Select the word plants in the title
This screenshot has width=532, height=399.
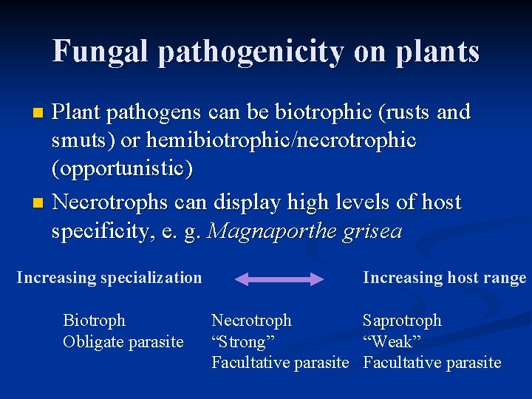439,52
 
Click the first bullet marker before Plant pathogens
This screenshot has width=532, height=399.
40,114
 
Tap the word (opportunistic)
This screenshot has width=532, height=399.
122,169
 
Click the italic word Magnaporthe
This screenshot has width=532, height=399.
271,231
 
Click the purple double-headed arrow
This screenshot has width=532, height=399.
279,279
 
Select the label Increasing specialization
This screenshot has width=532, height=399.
109,278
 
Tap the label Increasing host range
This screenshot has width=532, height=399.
444,278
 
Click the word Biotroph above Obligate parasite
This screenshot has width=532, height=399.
95,321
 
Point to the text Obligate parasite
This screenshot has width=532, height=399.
123,341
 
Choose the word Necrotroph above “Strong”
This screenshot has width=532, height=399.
251,321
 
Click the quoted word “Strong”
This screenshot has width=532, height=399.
243,341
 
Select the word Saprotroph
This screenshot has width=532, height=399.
402,321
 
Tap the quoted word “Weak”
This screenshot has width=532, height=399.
392,341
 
